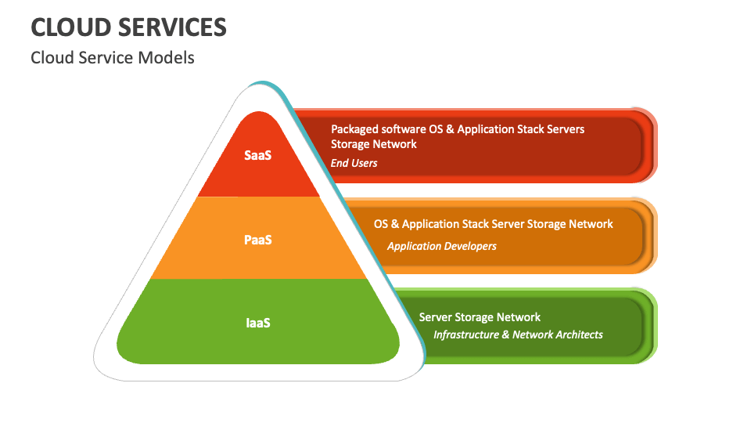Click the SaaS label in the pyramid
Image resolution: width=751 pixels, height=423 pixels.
coord(257,155)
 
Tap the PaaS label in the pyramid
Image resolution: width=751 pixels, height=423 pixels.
coord(257,240)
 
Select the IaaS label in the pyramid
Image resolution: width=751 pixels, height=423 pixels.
coord(258,323)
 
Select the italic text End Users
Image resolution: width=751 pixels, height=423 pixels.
coord(354,163)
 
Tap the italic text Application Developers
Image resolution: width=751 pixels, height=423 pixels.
coord(441,246)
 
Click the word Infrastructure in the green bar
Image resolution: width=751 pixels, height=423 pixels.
coord(466,334)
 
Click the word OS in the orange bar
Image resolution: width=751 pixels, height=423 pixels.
coord(381,224)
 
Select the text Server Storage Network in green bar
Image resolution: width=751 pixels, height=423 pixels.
coord(480,317)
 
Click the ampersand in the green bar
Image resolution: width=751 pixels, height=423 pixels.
coord(506,334)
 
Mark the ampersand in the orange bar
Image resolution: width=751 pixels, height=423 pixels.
coord(395,224)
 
